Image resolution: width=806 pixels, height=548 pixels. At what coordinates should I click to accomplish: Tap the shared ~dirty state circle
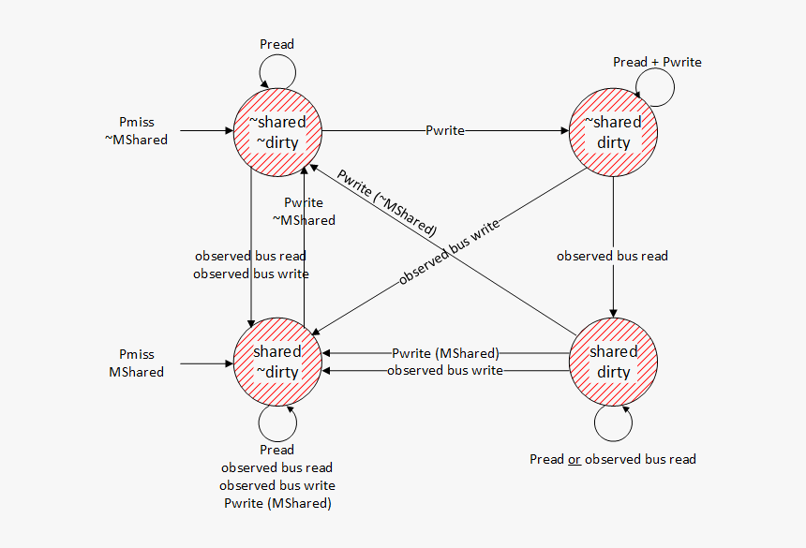tap(277, 362)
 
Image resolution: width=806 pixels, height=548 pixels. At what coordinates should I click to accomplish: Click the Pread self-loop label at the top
tap(276, 44)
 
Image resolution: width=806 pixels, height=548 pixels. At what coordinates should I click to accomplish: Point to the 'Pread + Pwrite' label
tap(657, 62)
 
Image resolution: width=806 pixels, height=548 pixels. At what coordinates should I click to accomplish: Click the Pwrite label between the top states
tap(445, 130)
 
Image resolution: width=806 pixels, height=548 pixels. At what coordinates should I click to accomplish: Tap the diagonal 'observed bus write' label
tap(449, 251)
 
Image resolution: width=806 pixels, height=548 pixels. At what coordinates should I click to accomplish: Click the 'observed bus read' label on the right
tap(612, 256)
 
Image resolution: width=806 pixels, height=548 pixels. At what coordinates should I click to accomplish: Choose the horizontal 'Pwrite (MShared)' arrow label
tap(445, 353)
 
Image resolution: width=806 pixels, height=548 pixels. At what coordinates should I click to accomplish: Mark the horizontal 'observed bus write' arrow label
tap(445, 370)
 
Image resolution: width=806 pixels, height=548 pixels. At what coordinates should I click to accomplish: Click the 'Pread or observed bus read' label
tap(612, 459)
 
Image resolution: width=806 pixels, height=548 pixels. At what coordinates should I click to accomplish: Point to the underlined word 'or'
tap(574, 459)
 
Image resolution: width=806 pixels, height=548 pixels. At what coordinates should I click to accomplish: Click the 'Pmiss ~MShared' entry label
tap(137, 131)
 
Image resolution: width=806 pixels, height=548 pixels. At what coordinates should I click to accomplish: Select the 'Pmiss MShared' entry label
tap(137, 363)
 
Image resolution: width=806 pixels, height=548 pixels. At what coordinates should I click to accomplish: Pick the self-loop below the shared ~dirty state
tap(276, 422)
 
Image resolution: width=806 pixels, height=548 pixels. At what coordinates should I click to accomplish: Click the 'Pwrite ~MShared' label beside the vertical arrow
tap(304, 211)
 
